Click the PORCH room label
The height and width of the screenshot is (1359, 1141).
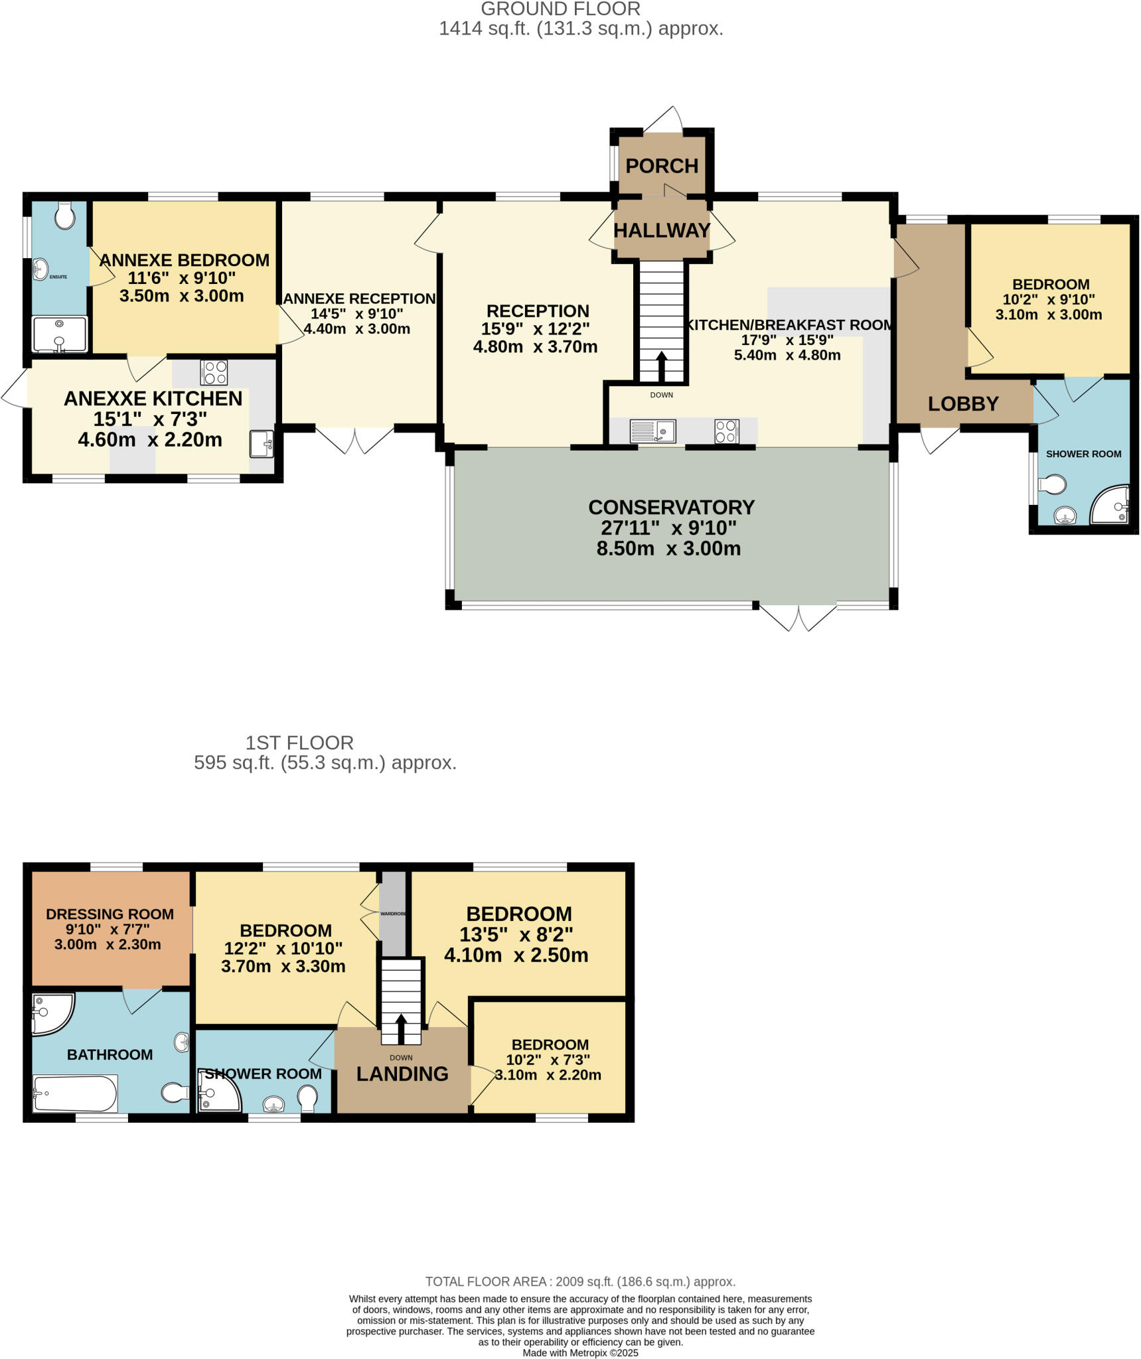click(x=662, y=166)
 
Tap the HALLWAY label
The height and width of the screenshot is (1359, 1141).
click(x=662, y=230)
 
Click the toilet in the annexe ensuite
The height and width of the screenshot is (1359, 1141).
click(x=64, y=216)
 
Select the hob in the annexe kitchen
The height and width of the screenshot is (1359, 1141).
click(x=214, y=372)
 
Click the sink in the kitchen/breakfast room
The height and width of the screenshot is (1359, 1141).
click(x=652, y=431)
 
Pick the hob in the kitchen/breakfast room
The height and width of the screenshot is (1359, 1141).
click(x=727, y=431)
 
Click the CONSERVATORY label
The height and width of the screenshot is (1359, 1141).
click(x=671, y=507)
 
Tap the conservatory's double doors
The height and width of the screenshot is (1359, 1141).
click(x=798, y=617)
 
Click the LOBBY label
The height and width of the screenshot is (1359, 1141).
click(x=962, y=403)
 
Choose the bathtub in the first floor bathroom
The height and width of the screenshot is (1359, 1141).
click(x=75, y=1094)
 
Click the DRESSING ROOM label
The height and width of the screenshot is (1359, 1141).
click(x=110, y=914)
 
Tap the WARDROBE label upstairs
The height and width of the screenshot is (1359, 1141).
click(x=393, y=914)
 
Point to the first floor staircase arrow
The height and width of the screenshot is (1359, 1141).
click(x=401, y=1029)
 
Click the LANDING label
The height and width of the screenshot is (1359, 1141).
click(x=402, y=1074)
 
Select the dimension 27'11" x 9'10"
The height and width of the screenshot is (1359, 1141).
click(x=668, y=528)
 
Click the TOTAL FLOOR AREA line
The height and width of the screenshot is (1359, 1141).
click(x=580, y=1282)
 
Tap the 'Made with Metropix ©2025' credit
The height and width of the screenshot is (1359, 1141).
click(x=580, y=1352)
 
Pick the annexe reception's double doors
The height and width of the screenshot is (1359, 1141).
click(x=354, y=439)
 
